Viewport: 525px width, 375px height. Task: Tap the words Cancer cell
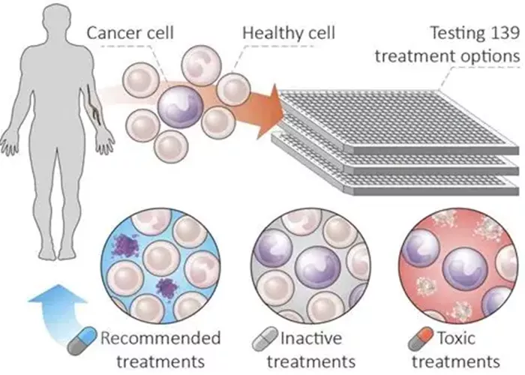point(130,33)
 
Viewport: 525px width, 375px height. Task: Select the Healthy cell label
point(289,33)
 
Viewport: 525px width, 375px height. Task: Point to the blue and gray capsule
point(82,340)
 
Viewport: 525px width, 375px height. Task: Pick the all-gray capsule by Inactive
point(265,339)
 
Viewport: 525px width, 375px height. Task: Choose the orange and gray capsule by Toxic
point(421,339)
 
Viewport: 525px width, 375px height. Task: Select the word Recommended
point(160,338)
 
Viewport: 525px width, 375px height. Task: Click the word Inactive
point(311,338)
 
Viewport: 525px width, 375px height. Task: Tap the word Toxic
point(456,338)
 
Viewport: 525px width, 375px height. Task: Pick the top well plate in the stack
point(399,121)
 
